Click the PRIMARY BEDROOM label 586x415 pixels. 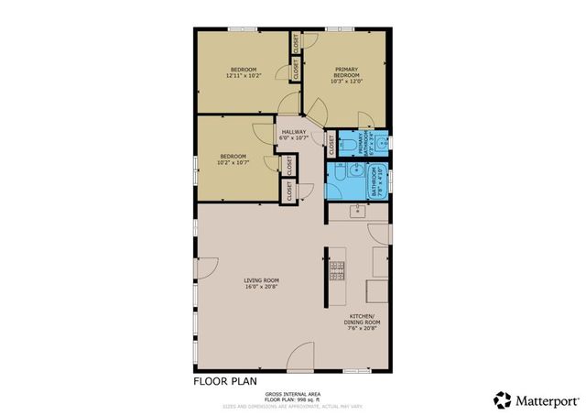pos(345,71)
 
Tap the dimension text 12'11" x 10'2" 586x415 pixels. pos(243,76)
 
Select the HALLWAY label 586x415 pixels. pos(293,133)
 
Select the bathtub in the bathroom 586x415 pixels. pos(376,181)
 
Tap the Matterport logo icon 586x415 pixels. pos(502,399)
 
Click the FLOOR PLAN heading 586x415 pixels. pos(225,381)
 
